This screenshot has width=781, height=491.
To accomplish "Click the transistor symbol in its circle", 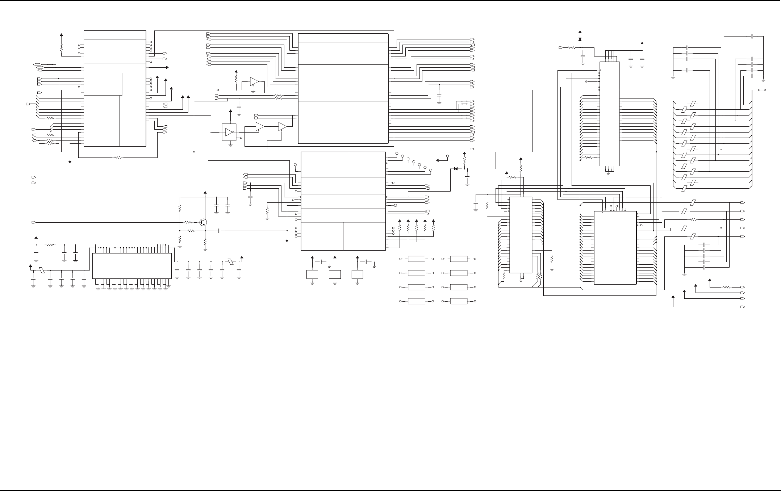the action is pyautogui.click(x=204, y=222).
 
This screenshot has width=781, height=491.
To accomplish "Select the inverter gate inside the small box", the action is pyautogui.click(x=229, y=133).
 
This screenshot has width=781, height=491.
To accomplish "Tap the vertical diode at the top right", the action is pyautogui.click(x=580, y=39).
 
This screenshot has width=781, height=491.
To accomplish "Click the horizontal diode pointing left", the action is pyautogui.click(x=456, y=169).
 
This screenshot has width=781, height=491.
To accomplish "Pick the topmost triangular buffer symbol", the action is pyautogui.click(x=254, y=81).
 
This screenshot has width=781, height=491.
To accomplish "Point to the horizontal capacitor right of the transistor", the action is pyautogui.click(x=220, y=231).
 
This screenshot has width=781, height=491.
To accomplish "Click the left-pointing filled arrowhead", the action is pyautogui.click(x=438, y=160).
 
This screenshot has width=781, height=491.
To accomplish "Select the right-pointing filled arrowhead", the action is pyautogui.click(x=167, y=67).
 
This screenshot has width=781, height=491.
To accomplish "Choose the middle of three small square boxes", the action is pyautogui.click(x=335, y=274).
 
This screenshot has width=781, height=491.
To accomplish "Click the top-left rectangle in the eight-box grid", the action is pyautogui.click(x=416, y=259).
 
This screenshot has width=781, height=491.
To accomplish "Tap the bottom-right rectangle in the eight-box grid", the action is pyautogui.click(x=459, y=301).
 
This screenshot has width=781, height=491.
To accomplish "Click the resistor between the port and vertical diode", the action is pyautogui.click(x=571, y=47).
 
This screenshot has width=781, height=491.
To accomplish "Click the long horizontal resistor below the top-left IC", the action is pyautogui.click(x=117, y=158).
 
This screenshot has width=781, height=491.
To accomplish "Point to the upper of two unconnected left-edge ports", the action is pyautogui.click(x=34, y=177).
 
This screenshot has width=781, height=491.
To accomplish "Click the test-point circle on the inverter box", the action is pyautogui.click(x=241, y=138).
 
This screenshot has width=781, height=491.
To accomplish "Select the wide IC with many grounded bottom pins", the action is pyautogui.click(x=132, y=266).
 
